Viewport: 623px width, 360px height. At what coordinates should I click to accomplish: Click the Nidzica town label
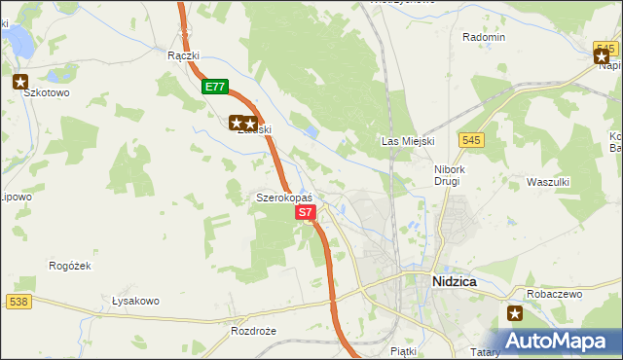tap(453, 281)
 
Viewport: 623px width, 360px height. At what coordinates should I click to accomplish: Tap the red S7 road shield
tap(305, 211)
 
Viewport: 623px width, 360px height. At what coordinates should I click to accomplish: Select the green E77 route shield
tap(215, 87)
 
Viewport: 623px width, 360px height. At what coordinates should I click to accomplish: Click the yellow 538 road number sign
tap(18, 302)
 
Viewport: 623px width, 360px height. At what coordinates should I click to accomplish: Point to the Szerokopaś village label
tap(283, 197)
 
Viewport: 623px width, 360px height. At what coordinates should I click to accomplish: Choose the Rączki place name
tap(183, 55)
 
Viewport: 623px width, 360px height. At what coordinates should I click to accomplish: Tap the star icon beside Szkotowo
tap(20, 83)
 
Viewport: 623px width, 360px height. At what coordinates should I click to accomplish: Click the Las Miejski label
tap(406, 141)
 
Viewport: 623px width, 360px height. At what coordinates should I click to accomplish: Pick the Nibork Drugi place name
tap(454, 175)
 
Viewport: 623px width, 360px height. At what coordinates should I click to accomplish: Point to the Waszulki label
tap(547, 182)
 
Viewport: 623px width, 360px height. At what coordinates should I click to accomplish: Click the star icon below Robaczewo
tap(515, 313)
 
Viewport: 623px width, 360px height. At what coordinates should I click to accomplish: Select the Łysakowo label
tap(135, 301)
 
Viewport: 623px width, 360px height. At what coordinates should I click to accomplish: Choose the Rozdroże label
tap(253, 331)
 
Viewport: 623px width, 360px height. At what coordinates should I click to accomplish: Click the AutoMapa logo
tap(556, 342)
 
